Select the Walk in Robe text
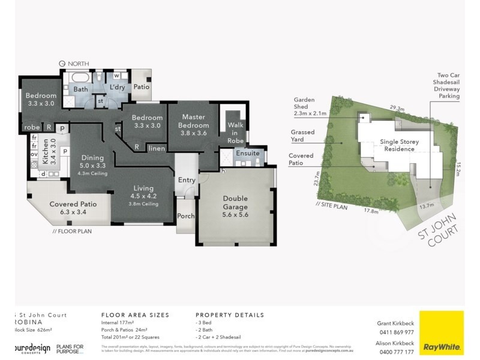click(232, 130)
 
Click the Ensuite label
click(248, 153)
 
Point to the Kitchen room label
click(49, 152)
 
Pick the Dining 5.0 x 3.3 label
click(92, 162)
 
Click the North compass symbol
click(62, 63)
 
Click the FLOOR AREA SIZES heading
click(135, 314)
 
